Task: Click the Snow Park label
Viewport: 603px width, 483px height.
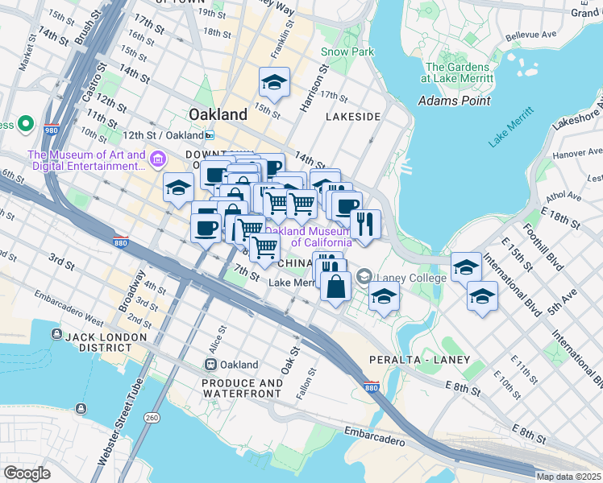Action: (x=347, y=52)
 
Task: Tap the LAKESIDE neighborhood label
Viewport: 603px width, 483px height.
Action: (x=352, y=117)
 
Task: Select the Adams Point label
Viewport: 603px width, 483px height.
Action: (x=455, y=101)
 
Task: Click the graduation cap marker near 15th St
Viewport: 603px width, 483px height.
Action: (x=274, y=82)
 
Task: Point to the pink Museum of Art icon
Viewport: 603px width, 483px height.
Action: (x=159, y=160)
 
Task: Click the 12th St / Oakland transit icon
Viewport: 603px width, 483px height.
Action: (x=210, y=135)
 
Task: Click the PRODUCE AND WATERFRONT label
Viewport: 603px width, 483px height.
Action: (x=242, y=389)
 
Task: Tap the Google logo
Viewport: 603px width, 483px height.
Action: (x=27, y=473)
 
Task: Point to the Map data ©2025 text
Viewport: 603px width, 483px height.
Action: (x=568, y=477)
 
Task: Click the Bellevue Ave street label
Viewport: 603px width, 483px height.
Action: (x=531, y=35)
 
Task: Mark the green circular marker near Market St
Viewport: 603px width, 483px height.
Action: (x=25, y=125)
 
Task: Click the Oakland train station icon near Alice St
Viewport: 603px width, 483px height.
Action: (x=210, y=365)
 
